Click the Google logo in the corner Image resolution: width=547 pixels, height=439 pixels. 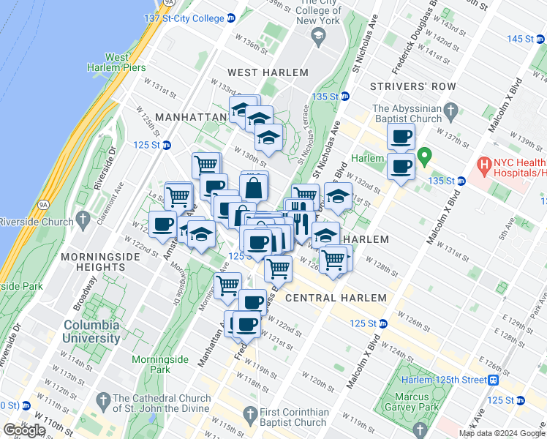pos(24,429)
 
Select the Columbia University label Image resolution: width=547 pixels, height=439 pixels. pos(91,331)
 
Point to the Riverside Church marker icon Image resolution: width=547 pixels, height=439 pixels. pos(83,219)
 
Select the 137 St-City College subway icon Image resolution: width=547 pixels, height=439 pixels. pos(230,18)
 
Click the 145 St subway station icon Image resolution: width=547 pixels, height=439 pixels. pos(541,38)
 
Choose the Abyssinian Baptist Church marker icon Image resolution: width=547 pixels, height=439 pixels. pos(453,113)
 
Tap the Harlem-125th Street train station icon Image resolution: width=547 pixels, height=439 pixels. pos(494,380)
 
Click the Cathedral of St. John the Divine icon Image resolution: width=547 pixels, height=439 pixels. pos(105,399)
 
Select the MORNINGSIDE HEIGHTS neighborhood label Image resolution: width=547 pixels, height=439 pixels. pos(94,262)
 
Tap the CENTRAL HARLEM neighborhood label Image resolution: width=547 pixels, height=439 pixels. pos(336,298)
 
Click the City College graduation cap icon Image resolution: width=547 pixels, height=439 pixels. pos(317,37)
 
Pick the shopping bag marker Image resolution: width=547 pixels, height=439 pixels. pos(254,187)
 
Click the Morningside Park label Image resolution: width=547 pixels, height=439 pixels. pos(160,365)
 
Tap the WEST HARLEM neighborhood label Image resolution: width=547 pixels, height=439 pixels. pos(268,72)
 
